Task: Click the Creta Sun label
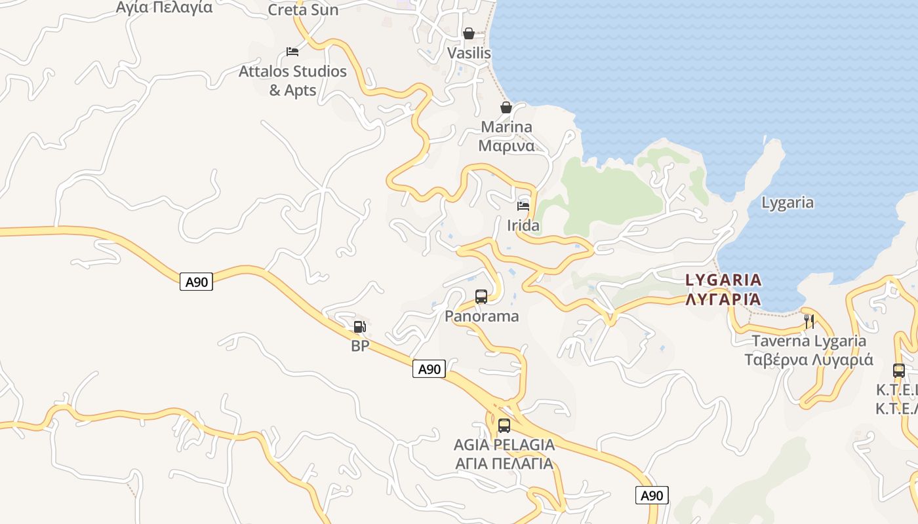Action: pyautogui.click(x=303, y=10)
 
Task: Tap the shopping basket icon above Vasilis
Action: pyautogui.click(x=469, y=33)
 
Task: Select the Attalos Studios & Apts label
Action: pyautogui.click(x=292, y=81)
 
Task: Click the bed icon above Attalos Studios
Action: pyautogui.click(x=292, y=52)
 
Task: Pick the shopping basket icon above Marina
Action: pyautogui.click(x=506, y=107)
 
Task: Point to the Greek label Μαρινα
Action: pyautogui.click(x=506, y=145)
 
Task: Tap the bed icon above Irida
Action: pyautogui.click(x=523, y=206)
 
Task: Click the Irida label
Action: pyautogui.click(x=523, y=225)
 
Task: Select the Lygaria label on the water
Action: pyautogui.click(x=787, y=202)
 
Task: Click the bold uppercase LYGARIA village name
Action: pyautogui.click(x=723, y=280)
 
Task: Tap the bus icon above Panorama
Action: pyautogui.click(x=481, y=296)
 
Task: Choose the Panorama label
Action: pyautogui.click(x=481, y=316)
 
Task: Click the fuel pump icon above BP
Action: pyautogui.click(x=359, y=326)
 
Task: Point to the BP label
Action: pyautogui.click(x=360, y=346)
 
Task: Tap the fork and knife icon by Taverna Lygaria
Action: pyautogui.click(x=809, y=321)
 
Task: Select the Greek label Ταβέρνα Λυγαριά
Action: pyautogui.click(x=808, y=360)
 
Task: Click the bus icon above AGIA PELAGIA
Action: pyautogui.click(x=504, y=425)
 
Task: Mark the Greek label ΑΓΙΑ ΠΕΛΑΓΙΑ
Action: pyautogui.click(x=504, y=464)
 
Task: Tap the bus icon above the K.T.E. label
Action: pyautogui.click(x=899, y=370)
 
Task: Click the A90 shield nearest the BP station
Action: pyautogui.click(x=429, y=369)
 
